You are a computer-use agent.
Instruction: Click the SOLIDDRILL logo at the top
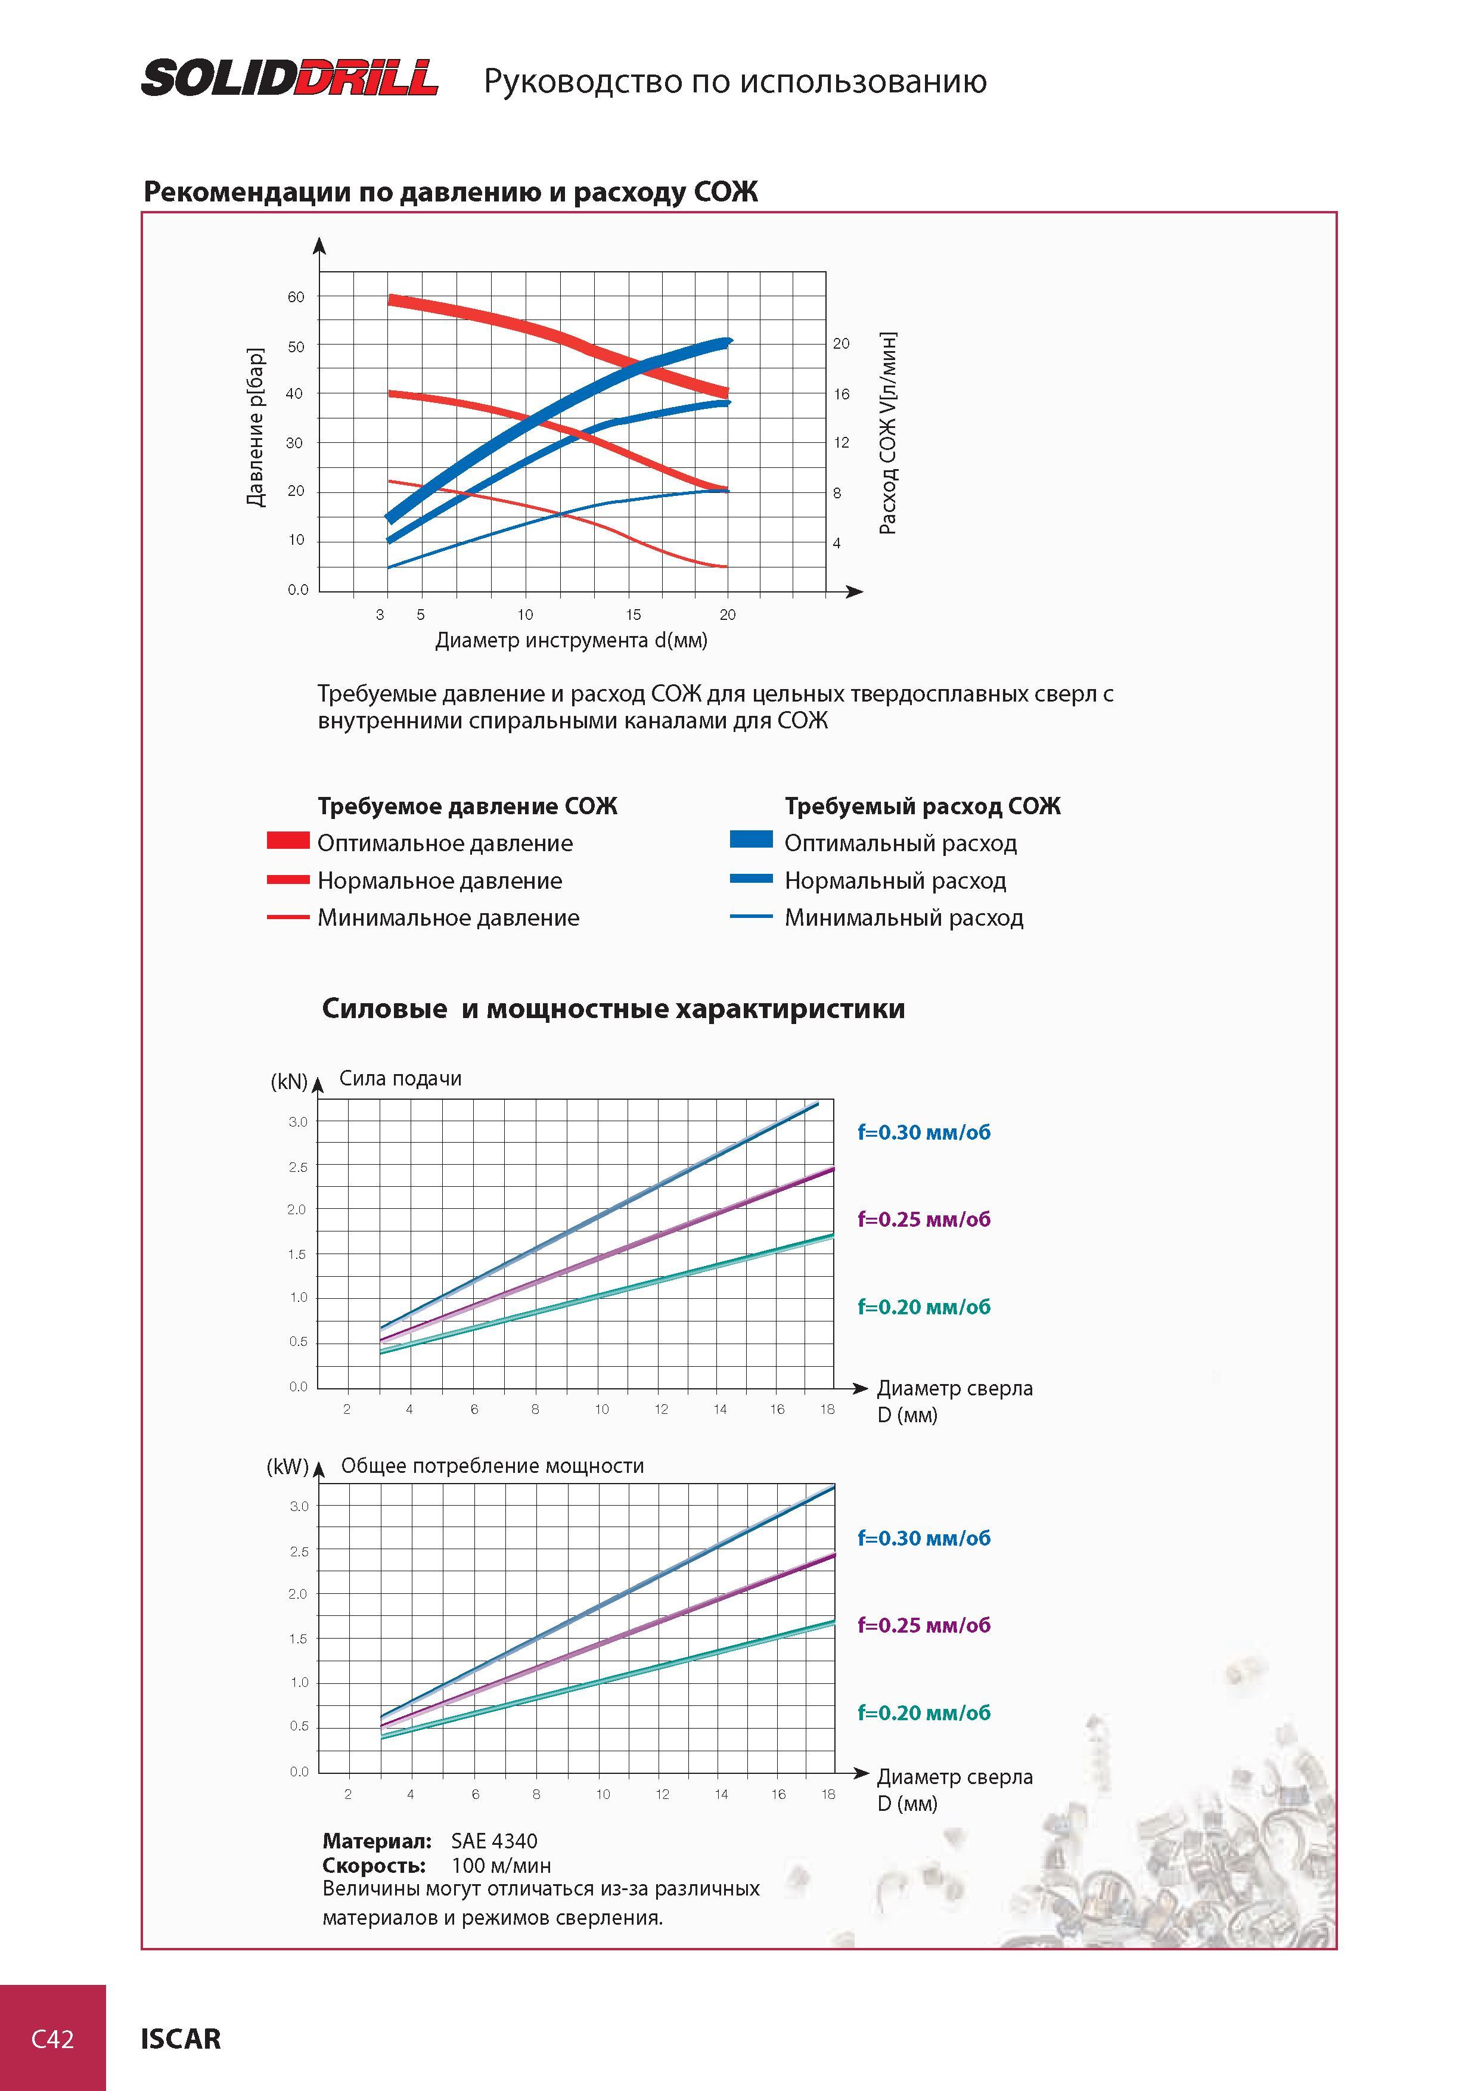click(290, 78)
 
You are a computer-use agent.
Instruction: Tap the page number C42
click(53, 2038)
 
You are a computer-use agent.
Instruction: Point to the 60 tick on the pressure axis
click(296, 297)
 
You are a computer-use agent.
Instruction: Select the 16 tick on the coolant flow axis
click(842, 395)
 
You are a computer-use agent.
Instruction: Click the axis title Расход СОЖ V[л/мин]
click(888, 433)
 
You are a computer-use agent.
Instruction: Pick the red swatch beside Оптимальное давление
click(288, 840)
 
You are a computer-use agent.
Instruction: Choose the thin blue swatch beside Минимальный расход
click(752, 916)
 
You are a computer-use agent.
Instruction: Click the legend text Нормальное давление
click(440, 880)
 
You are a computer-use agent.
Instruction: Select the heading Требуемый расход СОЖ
click(923, 806)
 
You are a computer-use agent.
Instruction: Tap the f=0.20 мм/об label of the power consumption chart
click(923, 1712)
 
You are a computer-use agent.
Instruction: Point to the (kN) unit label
click(290, 1081)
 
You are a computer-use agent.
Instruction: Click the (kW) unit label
click(288, 1467)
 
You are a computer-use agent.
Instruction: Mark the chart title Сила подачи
click(400, 1078)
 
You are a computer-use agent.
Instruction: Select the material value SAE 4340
click(495, 1841)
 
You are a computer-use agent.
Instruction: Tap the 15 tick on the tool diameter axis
click(633, 615)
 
